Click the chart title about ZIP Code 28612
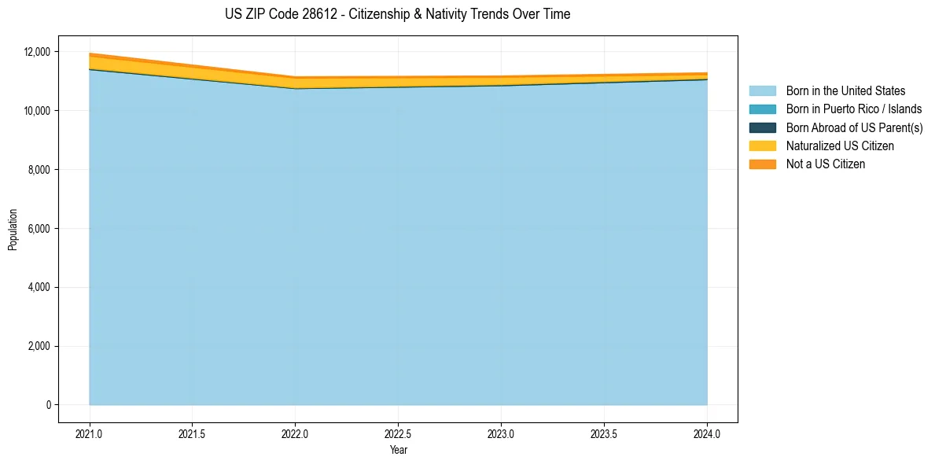click(x=397, y=14)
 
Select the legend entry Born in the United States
click(x=845, y=91)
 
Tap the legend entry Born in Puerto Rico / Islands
click(x=854, y=109)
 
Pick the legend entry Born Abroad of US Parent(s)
click(x=854, y=127)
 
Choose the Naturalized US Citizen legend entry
click(x=840, y=146)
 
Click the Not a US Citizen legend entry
click(x=825, y=164)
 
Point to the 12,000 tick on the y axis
click(x=37, y=52)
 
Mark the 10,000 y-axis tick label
click(x=37, y=111)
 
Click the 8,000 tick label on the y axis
click(x=39, y=170)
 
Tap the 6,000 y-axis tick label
click(x=39, y=229)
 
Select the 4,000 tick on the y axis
click(x=39, y=288)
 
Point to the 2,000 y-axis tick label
click(x=39, y=346)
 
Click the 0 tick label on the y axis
click(x=48, y=405)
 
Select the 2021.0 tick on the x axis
click(x=90, y=433)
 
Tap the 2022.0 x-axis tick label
click(x=295, y=433)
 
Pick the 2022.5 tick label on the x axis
click(x=398, y=433)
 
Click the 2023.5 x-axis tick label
click(x=604, y=433)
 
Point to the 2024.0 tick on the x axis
click(x=707, y=433)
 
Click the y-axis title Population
click(x=13, y=230)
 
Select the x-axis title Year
click(x=398, y=450)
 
